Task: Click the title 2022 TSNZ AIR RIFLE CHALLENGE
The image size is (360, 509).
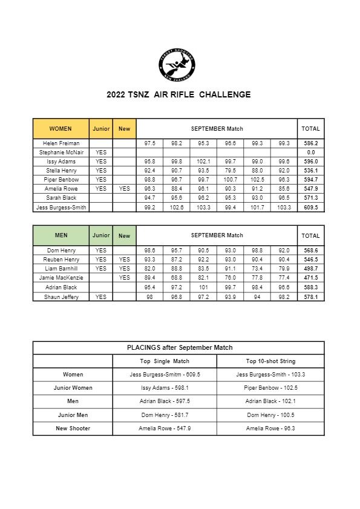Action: pyautogui.click(x=178, y=94)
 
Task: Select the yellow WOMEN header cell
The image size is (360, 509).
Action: pyautogui.click(x=61, y=129)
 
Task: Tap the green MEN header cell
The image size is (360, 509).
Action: pyautogui.click(x=61, y=235)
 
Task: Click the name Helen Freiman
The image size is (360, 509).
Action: pyautogui.click(x=61, y=143)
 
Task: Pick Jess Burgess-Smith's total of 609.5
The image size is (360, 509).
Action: pyautogui.click(x=311, y=208)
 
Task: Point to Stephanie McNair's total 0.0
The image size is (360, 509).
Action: pyautogui.click(x=311, y=153)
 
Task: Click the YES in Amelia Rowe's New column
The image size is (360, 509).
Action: pyautogui.click(x=124, y=189)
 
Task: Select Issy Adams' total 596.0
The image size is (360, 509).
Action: pyautogui.click(x=311, y=162)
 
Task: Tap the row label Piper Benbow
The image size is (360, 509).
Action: pyautogui.click(x=61, y=180)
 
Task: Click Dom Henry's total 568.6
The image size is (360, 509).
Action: pyautogui.click(x=311, y=251)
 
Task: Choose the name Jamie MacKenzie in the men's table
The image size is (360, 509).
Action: pyautogui.click(x=61, y=278)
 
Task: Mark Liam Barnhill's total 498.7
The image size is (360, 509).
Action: pyautogui.click(x=311, y=269)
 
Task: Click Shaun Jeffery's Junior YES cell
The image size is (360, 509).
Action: pyautogui.click(x=101, y=297)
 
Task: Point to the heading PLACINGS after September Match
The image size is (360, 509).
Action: pyautogui.click(x=179, y=348)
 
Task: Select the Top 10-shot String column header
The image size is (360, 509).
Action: pyautogui.click(x=270, y=361)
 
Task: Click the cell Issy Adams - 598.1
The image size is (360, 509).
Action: pyautogui.click(x=165, y=388)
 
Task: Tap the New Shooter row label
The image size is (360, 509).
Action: pyautogui.click(x=73, y=429)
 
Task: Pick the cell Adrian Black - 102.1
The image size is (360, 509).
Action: pyautogui.click(x=270, y=401)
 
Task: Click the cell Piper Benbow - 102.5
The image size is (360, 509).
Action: pyautogui.click(x=270, y=388)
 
